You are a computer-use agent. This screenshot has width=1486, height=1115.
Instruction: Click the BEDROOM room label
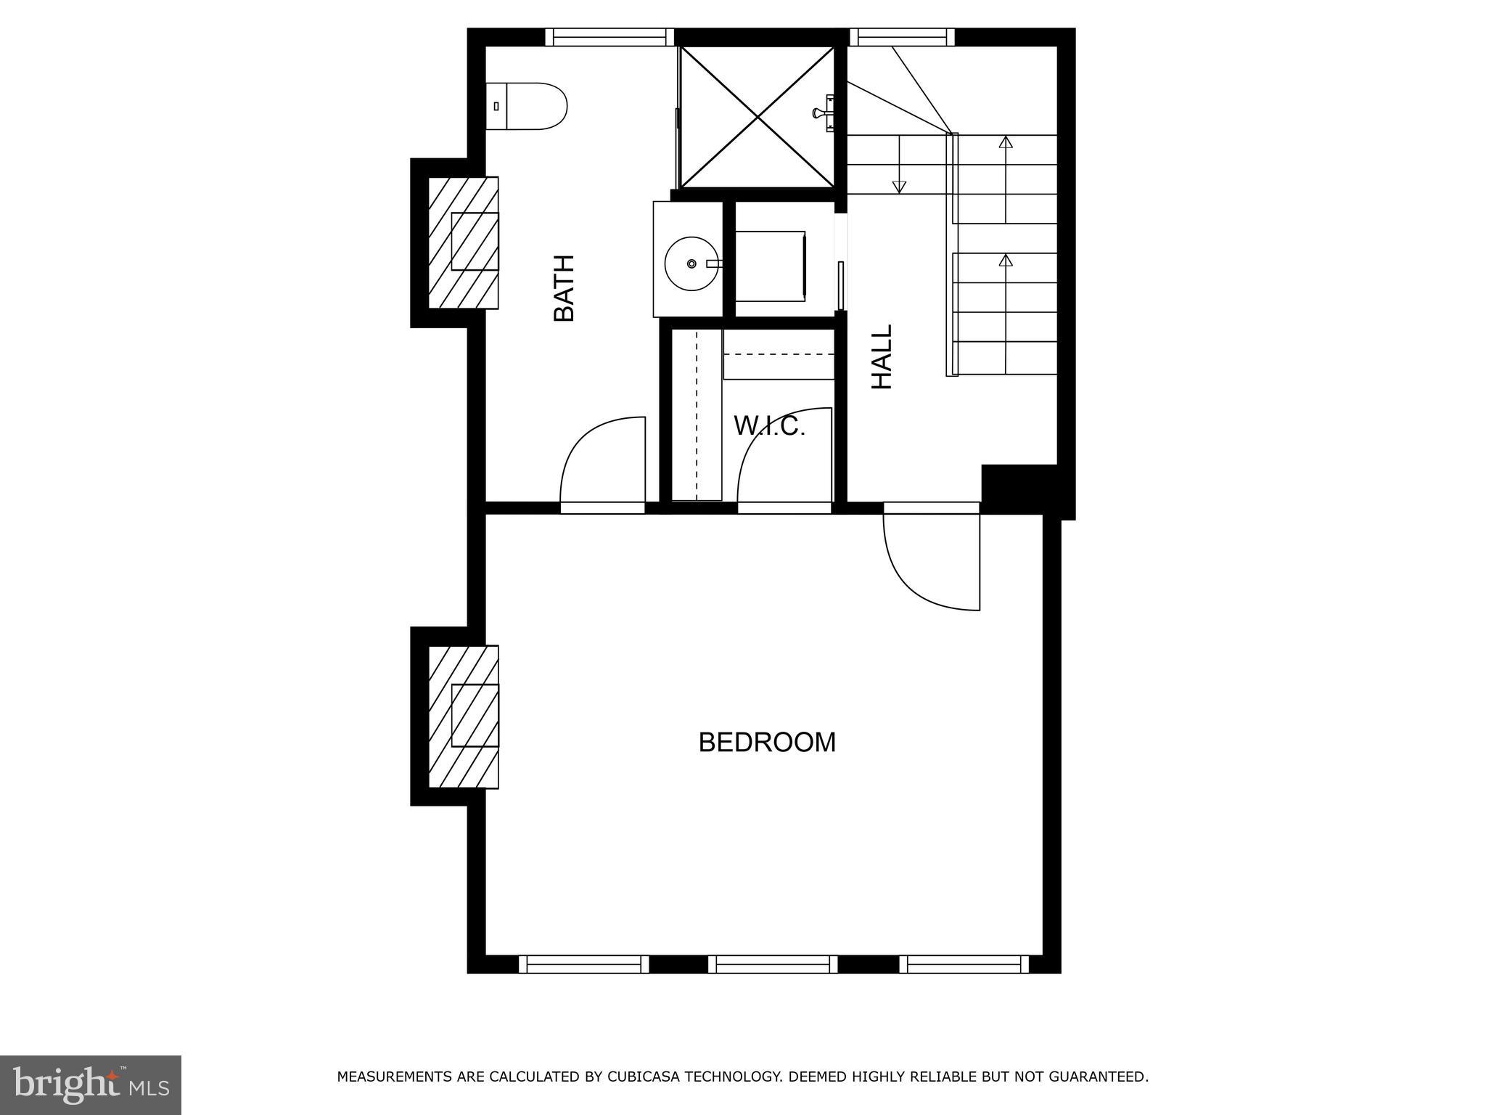click(767, 743)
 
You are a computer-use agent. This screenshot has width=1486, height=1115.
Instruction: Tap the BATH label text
click(564, 288)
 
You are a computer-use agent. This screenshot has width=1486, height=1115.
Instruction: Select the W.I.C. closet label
click(770, 427)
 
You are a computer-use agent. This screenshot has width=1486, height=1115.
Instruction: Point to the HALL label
click(882, 356)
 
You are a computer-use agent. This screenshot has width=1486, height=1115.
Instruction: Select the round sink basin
click(691, 264)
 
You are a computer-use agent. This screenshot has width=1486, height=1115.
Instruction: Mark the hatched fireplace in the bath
click(463, 242)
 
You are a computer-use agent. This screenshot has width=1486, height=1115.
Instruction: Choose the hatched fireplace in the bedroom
click(463, 716)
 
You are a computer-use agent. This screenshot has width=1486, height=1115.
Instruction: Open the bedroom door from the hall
click(930, 559)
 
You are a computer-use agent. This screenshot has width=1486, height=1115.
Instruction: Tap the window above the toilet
click(609, 37)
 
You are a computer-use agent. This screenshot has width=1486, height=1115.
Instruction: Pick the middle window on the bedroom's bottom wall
click(773, 964)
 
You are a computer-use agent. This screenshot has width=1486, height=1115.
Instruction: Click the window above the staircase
click(902, 37)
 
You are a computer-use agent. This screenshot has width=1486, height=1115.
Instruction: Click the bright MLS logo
click(90, 1085)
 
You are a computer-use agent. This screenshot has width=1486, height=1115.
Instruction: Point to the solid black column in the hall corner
click(1019, 488)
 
